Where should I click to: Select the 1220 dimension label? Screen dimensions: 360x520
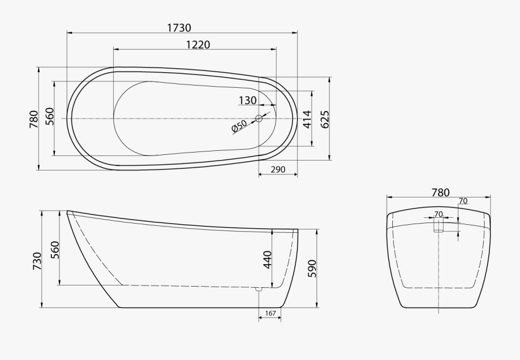tap(198, 45)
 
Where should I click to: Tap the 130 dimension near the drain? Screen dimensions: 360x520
tap(247, 101)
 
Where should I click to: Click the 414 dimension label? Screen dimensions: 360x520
tap(307, 118)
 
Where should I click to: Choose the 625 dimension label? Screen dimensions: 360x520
tap(325, 118)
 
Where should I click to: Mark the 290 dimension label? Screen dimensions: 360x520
tap(278, 170)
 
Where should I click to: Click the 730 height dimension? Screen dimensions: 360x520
tap(37, 261)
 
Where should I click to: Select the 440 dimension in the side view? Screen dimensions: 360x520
tap(267, 261)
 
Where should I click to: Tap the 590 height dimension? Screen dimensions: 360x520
tap(311, 268)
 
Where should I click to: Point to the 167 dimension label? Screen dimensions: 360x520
tap(270, 314)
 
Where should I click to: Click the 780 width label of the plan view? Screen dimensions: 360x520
tap(34, 118)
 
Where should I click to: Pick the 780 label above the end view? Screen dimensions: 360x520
tap(440, 192)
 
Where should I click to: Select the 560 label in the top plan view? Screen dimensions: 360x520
tap(50, 117)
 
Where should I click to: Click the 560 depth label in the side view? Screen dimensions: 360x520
tap(55, 249)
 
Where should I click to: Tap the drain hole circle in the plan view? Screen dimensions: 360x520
tap(259, 118)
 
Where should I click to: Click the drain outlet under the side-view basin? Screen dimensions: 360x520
tap(259, 288)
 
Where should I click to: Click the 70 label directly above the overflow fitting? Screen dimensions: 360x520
tap(439, 214)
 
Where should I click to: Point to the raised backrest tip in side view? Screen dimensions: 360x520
tap(69, 212)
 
